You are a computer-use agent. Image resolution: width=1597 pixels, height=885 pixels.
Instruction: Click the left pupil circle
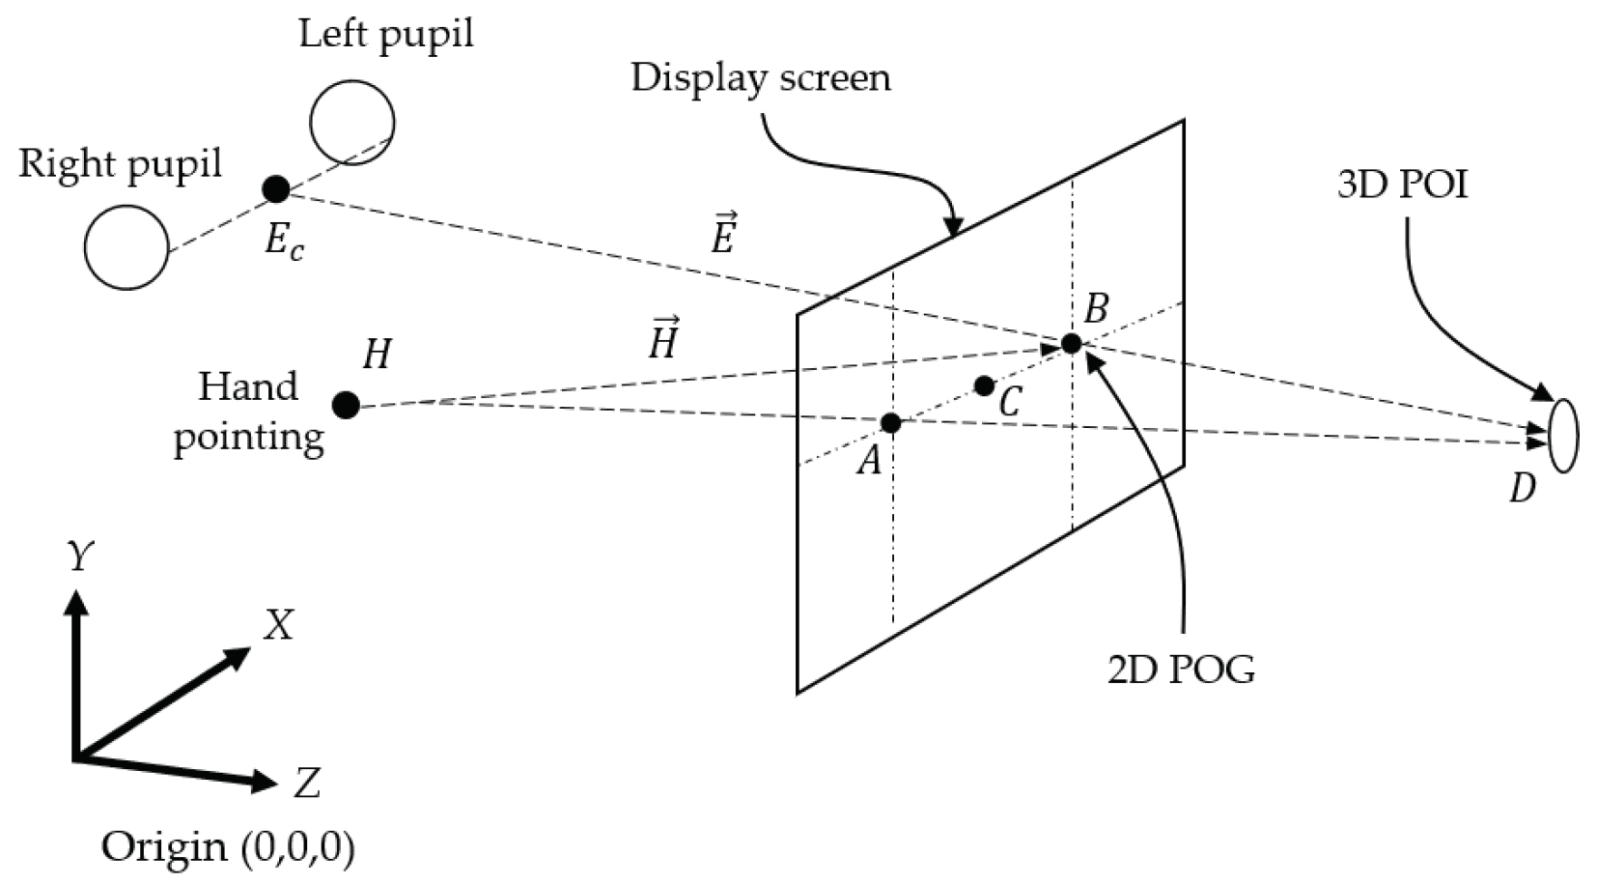click(352, 123)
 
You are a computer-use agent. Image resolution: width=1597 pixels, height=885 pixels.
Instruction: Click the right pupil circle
click(126, 247)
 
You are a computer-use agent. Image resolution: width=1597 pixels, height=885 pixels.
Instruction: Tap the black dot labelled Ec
click(276, 188)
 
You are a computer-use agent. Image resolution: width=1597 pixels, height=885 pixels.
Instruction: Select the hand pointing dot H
click(346, 405)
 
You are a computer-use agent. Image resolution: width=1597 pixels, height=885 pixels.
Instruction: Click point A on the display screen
click(891, 422)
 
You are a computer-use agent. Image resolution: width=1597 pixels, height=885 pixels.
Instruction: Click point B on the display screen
click(1071, 343)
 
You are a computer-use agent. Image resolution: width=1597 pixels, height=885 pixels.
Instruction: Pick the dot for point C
click(984, 386)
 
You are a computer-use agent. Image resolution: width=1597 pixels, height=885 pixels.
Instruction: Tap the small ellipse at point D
click(1563, 436)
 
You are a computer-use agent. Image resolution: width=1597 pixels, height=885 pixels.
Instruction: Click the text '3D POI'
click(1402, 185)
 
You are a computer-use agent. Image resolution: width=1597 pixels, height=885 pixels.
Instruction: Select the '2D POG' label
click(1181, 669)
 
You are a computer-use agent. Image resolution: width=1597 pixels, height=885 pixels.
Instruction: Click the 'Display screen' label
click(760, 78)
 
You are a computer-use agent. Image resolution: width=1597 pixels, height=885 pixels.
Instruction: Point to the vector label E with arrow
click(724, 233)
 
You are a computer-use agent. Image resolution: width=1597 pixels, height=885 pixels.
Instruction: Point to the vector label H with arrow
click(663, 338)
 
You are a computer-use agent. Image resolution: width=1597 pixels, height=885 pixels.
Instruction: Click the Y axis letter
click(80, 557)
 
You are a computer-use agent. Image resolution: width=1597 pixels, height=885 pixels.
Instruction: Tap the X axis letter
click(278, 626)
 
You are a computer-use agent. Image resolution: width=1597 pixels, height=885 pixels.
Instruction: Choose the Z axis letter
click(307, 783)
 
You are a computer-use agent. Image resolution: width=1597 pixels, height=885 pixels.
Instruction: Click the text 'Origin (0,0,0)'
click(228, 847)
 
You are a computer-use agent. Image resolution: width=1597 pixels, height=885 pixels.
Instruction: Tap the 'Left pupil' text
click(385, 34)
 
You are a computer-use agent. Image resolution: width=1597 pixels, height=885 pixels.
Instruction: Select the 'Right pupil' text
click(120, 164)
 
